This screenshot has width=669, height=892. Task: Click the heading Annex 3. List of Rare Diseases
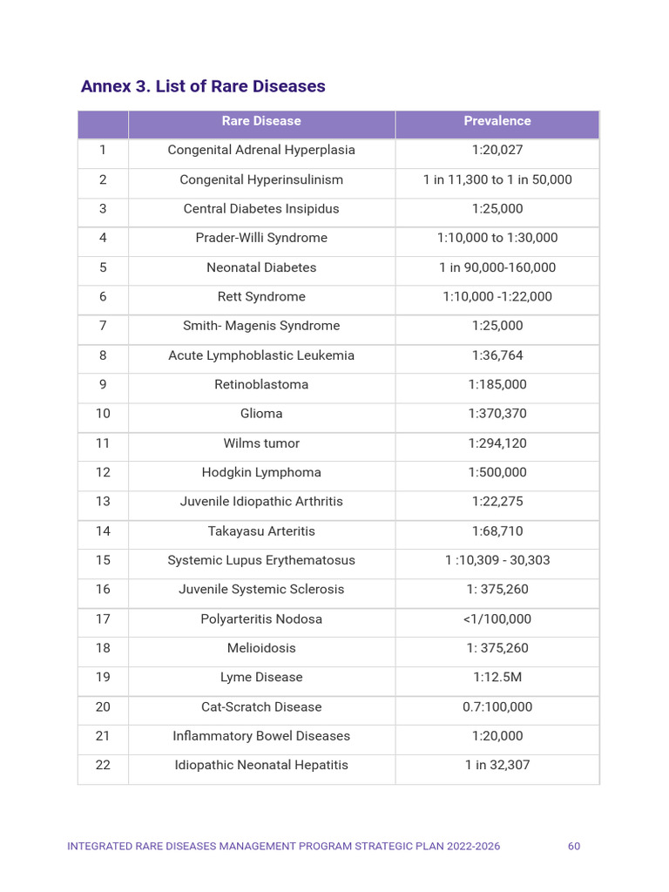(x=203, y=87)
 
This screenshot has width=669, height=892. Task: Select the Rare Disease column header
(x=261, y=121)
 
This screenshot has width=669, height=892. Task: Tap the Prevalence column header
(x=497, y=121)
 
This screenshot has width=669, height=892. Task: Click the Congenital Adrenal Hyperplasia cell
(x=261, y=150)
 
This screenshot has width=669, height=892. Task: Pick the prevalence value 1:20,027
(x=497, y=150)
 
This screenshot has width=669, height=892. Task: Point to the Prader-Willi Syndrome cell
(x=261, y=238)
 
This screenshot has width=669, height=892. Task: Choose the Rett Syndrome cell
(x=261, y=296)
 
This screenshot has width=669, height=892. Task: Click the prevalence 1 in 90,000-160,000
(x=497, y=267)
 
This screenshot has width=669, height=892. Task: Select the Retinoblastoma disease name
(x=261, y=384)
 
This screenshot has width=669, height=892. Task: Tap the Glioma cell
(x=261, y=414)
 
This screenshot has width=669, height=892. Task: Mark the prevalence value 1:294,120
(x=497, y=443)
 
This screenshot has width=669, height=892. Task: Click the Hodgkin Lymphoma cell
(x=261, y=472)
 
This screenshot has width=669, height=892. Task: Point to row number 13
(x=103, y=502)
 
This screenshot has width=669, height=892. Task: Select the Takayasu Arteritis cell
(x=261, y=531)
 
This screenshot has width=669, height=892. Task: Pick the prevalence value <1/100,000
(x=497, y=619)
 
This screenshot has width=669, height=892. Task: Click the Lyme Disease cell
(x=261, y=678)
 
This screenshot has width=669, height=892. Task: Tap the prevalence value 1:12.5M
(x=497, y=678)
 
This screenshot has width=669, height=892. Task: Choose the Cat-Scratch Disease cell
(x=261, y=707)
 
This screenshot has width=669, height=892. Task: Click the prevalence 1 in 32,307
(x=497, y=766)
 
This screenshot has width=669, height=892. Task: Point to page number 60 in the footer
(x=574, y=847)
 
